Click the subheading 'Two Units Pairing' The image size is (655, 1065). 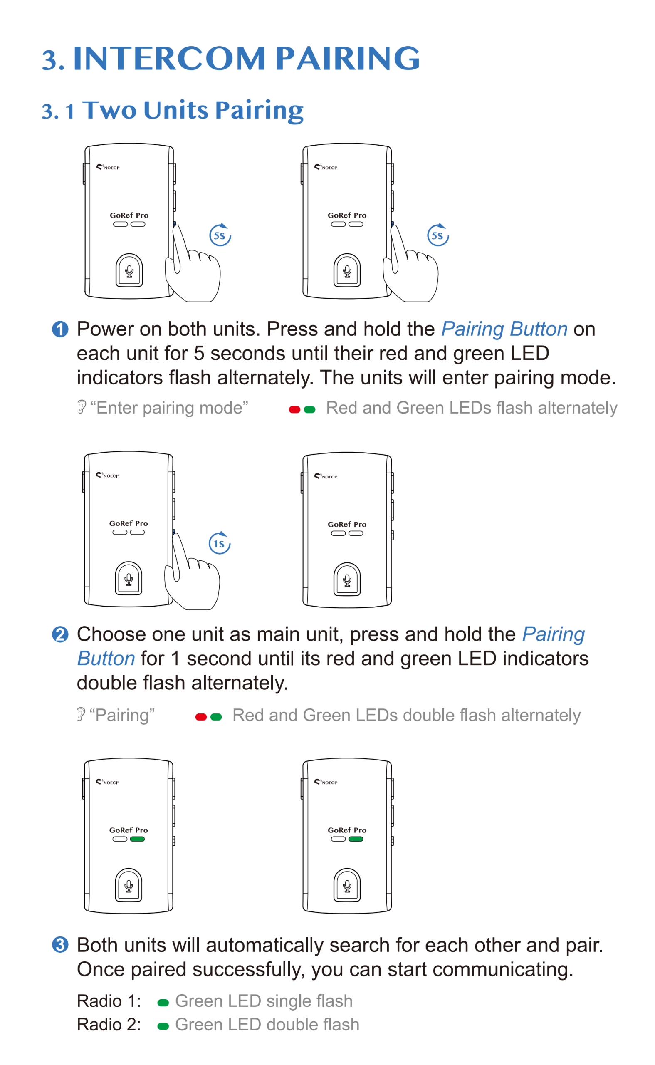click(193, 110)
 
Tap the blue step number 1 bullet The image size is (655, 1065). click(60, 329)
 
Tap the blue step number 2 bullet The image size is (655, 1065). click(60, 634)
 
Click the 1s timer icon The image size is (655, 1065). click(220, 543)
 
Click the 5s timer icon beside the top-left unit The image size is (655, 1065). click(220, 235)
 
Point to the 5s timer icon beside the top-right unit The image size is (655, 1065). click(438, 235)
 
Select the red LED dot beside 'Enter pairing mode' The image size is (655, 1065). click(294, 409)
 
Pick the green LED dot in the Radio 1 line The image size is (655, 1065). click(163, 1003)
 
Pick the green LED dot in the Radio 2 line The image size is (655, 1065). click(163, 1026)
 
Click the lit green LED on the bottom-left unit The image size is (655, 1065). click(137, 839)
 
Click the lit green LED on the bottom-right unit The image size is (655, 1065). click(356, 839)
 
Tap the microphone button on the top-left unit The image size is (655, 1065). click(129, 270)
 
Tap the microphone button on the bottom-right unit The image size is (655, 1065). click(347, 885)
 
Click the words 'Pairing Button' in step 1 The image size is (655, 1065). click(504, 329)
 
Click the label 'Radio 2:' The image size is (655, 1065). click(109, 1025)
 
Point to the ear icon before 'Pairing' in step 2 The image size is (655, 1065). click(81, 714)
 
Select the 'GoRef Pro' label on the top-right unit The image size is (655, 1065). click(347, 215)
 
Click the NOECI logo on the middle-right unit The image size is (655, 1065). click(326, 476)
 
